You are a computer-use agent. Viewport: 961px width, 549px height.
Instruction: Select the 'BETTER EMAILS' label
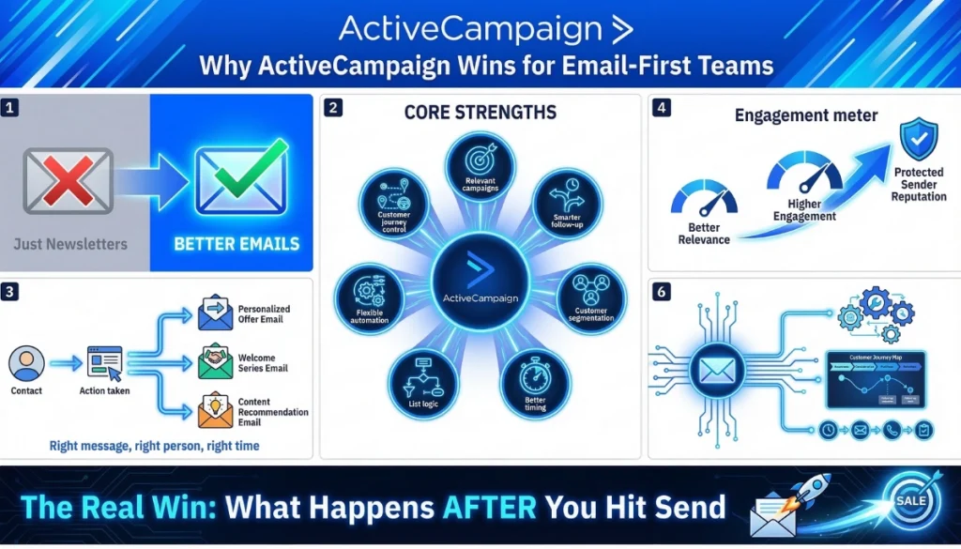pyautogui.click(x=236, y=244)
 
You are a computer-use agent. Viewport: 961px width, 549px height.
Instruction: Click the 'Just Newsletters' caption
pyautogui.click(x=70, y=244)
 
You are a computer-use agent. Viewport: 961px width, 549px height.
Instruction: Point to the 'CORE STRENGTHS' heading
pyautogui.click(x=480, y=113)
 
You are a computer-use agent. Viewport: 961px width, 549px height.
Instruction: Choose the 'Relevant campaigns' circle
pyautogui.click(x=480, y=168)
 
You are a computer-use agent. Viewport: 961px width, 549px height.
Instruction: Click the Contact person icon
pyautogui.click(x=26, y=362)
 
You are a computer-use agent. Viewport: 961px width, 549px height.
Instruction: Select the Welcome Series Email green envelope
pyautogui.click(x=215, y=362)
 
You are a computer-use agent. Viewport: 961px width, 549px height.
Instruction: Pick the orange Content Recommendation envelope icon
pyautogui.click(x=215, y=411)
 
